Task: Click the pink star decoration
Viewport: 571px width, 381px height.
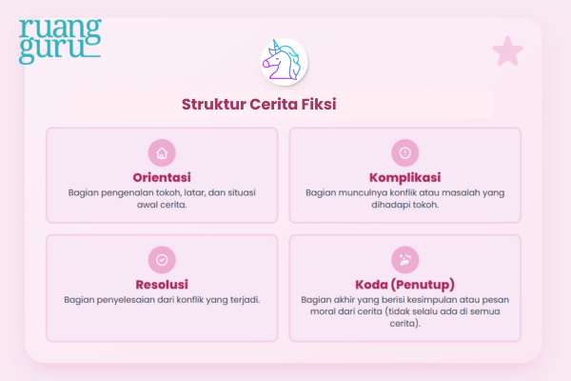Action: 507,51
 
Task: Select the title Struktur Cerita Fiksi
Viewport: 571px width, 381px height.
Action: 259,105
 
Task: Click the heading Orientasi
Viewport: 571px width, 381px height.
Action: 162,177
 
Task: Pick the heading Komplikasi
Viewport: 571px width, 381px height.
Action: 404,177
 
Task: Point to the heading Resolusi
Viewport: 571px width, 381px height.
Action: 162,284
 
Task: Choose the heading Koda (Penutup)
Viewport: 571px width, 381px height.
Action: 404,284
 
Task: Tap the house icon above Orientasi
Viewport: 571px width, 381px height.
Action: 162,152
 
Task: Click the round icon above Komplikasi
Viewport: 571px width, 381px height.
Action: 404,152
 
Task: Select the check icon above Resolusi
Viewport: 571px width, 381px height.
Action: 162,259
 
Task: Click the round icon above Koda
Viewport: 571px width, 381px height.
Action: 404,259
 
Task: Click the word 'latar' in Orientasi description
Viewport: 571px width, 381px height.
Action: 194,191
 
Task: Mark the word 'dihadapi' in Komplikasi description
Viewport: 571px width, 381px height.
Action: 390,204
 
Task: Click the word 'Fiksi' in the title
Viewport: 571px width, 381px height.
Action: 319,105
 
